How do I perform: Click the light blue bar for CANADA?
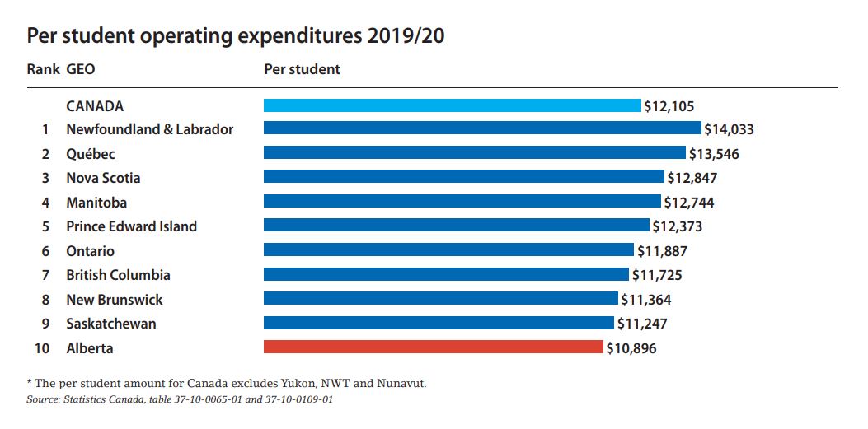point(452,105)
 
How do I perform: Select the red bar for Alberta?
point(434,347)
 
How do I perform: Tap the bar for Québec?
point(474,153)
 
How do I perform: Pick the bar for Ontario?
point(448,250)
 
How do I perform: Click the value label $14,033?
point(730,129)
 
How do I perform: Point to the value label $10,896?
point(632,348)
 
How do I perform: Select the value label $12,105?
point(669,105)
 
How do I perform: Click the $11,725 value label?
point(657,275)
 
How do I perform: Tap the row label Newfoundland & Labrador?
point(149,129)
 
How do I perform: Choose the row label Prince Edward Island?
point(131,226)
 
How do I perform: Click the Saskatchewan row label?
point(110,324)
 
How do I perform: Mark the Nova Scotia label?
point(103,178)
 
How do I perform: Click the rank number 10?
point(42,348)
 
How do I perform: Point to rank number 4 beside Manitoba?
point(46,203)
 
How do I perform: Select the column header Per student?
point(302,69)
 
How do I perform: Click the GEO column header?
point(80,69)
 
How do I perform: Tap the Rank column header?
point(43,69)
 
